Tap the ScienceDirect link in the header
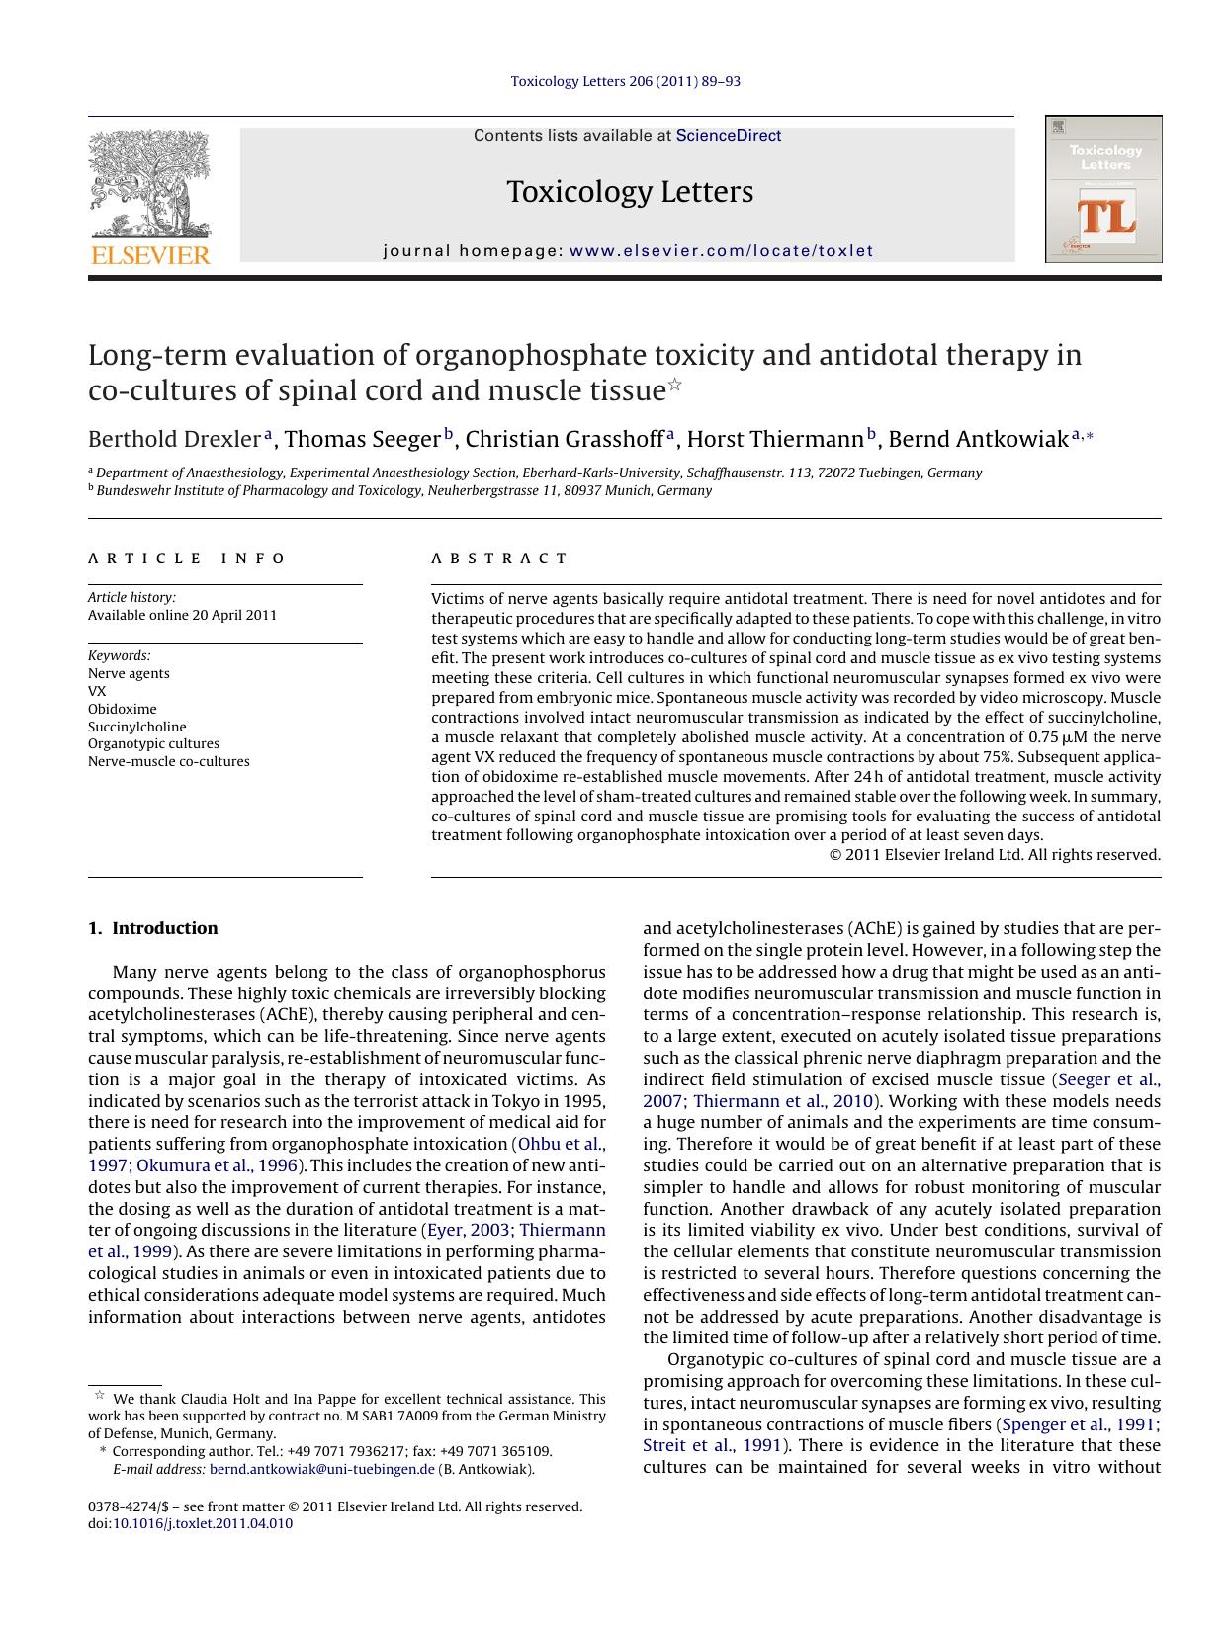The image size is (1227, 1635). click(728, 136)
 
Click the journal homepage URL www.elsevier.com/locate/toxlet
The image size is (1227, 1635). click(722, 251)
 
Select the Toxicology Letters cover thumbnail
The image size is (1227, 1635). click(1103, 189)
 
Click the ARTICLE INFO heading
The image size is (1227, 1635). click(187, 559)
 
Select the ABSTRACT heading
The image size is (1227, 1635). click(499, 559)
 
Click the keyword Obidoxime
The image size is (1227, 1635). click(123, 709)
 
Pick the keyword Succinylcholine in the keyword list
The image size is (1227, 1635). click(136, 727)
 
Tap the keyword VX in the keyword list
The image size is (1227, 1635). click(97, 691)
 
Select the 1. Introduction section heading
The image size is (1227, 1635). click(152, 928)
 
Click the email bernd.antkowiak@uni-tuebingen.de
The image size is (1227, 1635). click(322, 1470)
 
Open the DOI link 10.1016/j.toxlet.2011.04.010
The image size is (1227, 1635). click(203, 1523)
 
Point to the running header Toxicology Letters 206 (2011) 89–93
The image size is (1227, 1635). click(625, 81)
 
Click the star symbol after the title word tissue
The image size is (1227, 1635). click(675, 385)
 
